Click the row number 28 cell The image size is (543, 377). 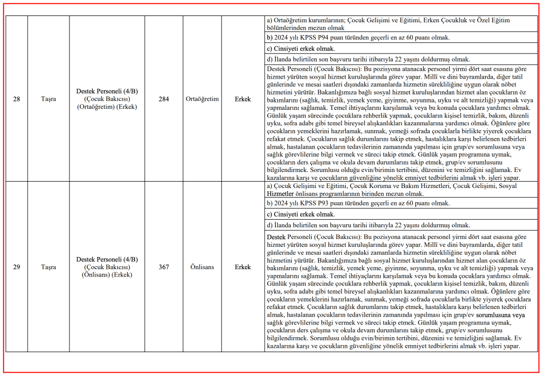(16, 99)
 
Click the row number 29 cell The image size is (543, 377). (16, 267)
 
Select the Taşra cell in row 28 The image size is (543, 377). (48, 99)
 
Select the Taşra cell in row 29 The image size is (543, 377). (48, 267)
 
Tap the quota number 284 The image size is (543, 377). (164, 99)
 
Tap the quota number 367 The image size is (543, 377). (164, 267)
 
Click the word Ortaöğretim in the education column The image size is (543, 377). (202, 99)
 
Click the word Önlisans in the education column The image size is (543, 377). (202, 267)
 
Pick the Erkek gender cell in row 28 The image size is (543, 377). (243, 99)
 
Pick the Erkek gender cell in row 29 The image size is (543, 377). (243, 267)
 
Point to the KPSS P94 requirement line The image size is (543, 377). (358, 38)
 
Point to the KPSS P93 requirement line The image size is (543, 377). (358, 203)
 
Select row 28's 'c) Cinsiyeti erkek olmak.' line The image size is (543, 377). (301, 49)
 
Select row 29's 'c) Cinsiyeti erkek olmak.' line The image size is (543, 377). (301, 214)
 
